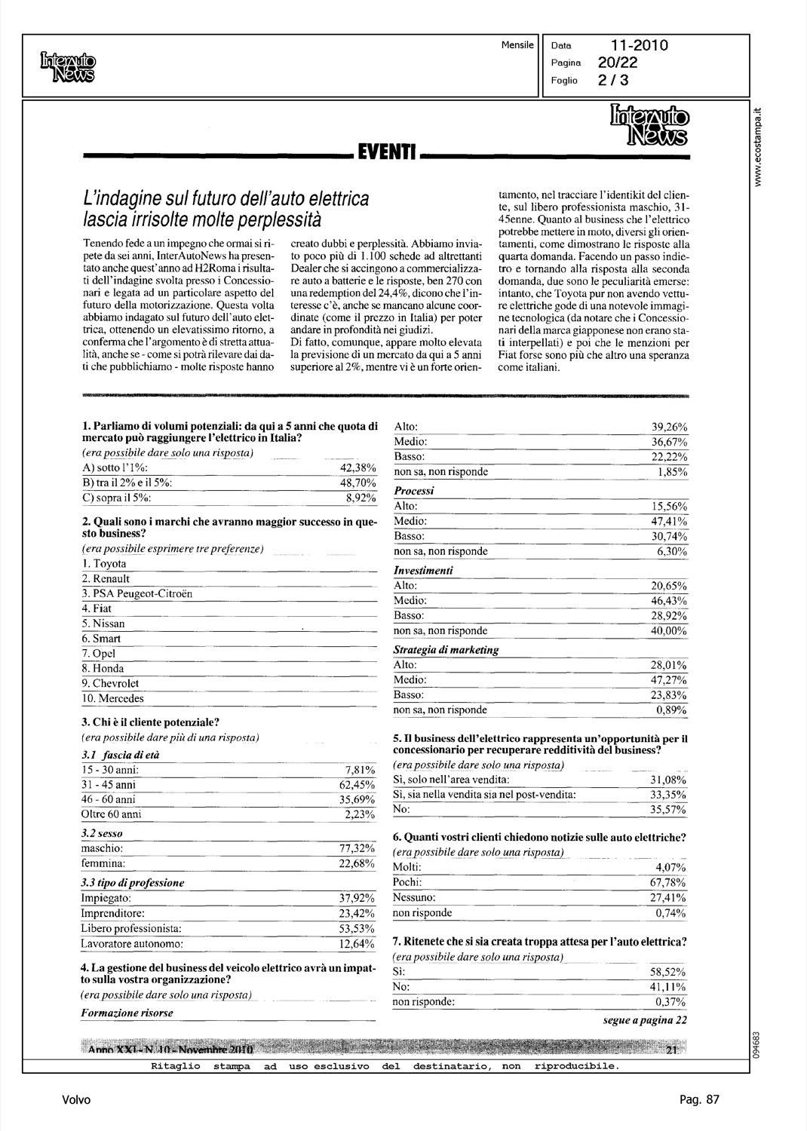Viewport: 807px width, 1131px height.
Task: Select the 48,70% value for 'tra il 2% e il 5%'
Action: coord(358,483)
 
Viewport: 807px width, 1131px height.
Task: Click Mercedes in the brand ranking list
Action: coord(118,698)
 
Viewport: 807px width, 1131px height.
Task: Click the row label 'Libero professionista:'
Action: coord(131,928)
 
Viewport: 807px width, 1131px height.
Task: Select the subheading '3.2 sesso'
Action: coord(102,834)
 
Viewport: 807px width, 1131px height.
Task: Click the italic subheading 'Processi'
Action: coord(414,491)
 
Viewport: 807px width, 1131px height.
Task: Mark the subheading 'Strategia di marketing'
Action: coord(446,649)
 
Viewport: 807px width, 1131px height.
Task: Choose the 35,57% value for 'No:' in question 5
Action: coord(668,809)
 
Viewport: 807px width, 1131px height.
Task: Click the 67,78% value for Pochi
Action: coord(668,882)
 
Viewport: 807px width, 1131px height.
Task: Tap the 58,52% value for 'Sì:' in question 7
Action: coord(668,973)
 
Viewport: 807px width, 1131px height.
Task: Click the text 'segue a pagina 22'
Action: coord(645,1021)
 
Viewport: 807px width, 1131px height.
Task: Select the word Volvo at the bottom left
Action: coord(76,1099)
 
